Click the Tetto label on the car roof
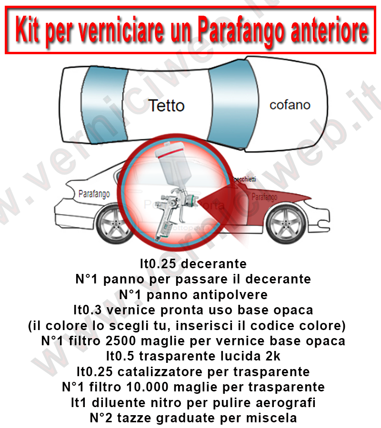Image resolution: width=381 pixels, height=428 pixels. click(166, 105)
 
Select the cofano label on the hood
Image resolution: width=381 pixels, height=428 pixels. click(290, 105)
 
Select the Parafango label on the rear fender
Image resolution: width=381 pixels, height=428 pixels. click(93, 194)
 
